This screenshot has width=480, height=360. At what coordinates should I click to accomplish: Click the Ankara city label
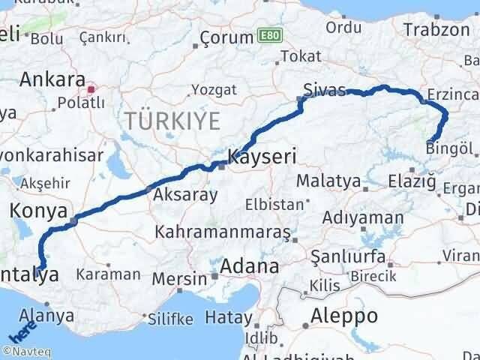coord(52,79)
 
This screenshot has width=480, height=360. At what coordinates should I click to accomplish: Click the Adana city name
coord(250,265)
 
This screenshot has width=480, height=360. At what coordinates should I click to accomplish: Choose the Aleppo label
coord(345,316)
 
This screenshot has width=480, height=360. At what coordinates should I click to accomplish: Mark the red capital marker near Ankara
coord(91,89)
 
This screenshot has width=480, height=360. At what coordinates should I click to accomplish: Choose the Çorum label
coord(228,37)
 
